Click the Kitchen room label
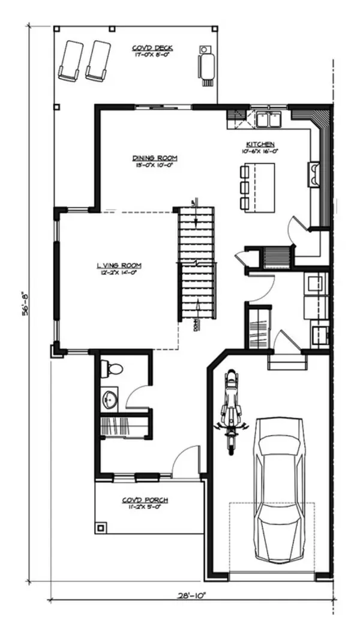[x=260, y=145]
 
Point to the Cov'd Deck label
[x=152, y=48]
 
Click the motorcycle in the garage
[x=230, y=410]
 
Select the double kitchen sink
[x=268, y=119]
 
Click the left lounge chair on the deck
[x=70, y=59]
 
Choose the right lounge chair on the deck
[x=97, y=60]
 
